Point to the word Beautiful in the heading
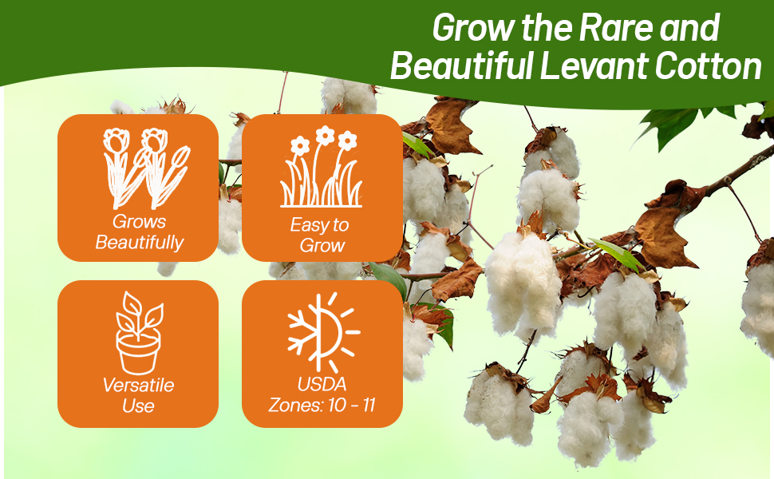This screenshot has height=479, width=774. tap(461, 66)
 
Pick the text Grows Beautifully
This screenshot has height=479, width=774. tap(139, 232)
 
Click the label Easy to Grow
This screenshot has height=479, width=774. tap(322, 236)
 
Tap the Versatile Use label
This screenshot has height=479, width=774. tap(138, 395)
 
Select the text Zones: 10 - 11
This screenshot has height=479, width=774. tap(322, 405)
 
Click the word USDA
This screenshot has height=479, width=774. tap(322, 385)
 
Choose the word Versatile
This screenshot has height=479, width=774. tap(138, 386)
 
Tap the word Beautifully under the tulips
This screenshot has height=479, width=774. tap(140, 243)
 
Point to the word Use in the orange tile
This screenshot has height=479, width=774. tap(138, 406)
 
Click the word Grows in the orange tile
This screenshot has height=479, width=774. tap(139, 222)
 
